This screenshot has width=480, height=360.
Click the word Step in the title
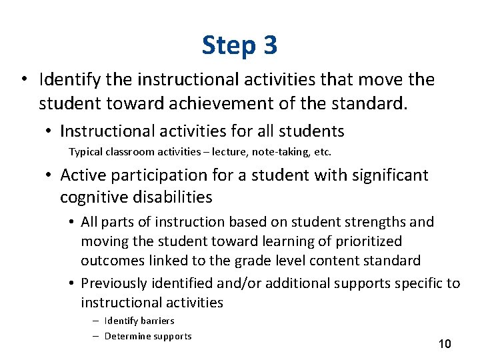click(228, 45)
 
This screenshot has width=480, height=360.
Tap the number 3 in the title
click(270, 45)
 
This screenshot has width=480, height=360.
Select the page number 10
click(445, 344)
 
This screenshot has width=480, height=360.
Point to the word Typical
click(85, 152)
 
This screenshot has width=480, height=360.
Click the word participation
click(147, 175)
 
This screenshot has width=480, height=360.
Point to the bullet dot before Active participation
click(49, 175)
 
